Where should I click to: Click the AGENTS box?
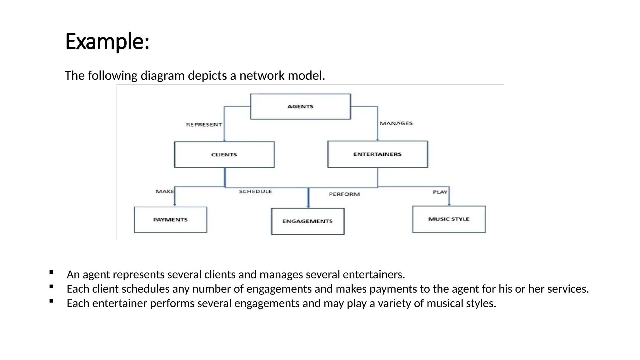[x=300, y=107]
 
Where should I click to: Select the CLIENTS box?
[x=224, y=155]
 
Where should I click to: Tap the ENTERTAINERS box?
[x=377, y=154]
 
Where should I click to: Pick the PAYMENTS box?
[x=170, y=220]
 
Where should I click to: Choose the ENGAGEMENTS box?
[x=307, y=221]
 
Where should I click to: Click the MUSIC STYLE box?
[x=449, y=219]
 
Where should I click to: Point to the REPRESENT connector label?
[x=204, y=125]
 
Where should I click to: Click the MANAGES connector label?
[x=396, y=123]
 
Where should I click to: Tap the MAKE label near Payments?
[x=165, y=191]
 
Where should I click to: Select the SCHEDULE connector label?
[x=255, y=191]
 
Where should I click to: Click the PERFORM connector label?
[x=344, y=194]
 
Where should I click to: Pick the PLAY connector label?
[x=440, y=192]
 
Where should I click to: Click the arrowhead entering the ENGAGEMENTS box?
[x=308, y=206]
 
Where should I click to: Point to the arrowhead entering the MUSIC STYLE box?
[x=449, y=204]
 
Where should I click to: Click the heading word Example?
[x=107, y=42]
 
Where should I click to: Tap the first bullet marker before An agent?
[x=52, y=272]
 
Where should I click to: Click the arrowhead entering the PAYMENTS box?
[x=175, y=205]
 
